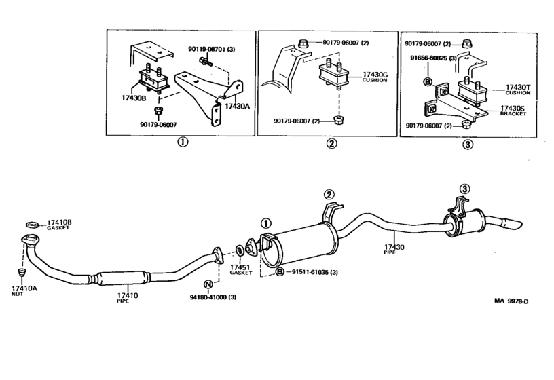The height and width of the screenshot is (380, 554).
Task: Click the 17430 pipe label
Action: coord(394,248)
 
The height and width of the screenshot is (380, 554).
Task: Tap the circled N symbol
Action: coord(208,284)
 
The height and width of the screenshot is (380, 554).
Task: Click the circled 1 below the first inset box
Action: coord(182,142)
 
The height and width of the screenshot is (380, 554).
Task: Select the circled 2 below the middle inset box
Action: coord(331,143)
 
